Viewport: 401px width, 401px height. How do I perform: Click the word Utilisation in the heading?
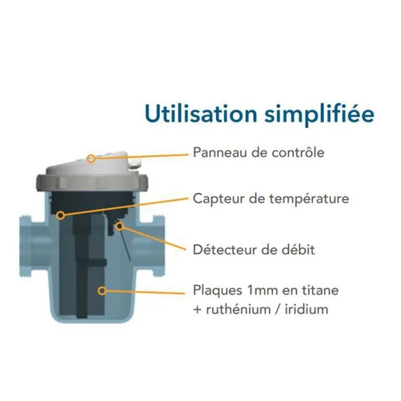(201, 113)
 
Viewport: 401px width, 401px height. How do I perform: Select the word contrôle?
(298, 152)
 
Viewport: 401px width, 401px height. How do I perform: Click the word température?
(309, 199)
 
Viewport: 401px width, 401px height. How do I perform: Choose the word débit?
(298, 249)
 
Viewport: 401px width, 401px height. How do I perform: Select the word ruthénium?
(238, 309)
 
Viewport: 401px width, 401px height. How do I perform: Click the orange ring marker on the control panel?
(91, 159)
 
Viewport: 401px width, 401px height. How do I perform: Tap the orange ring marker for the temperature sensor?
(61, 215)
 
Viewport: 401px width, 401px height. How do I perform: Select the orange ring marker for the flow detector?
(119, 226)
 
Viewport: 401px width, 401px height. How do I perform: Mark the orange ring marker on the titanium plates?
(102, 290)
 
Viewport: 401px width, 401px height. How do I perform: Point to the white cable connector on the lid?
(135, 163)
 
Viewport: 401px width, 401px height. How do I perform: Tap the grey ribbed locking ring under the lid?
(92, 182)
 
